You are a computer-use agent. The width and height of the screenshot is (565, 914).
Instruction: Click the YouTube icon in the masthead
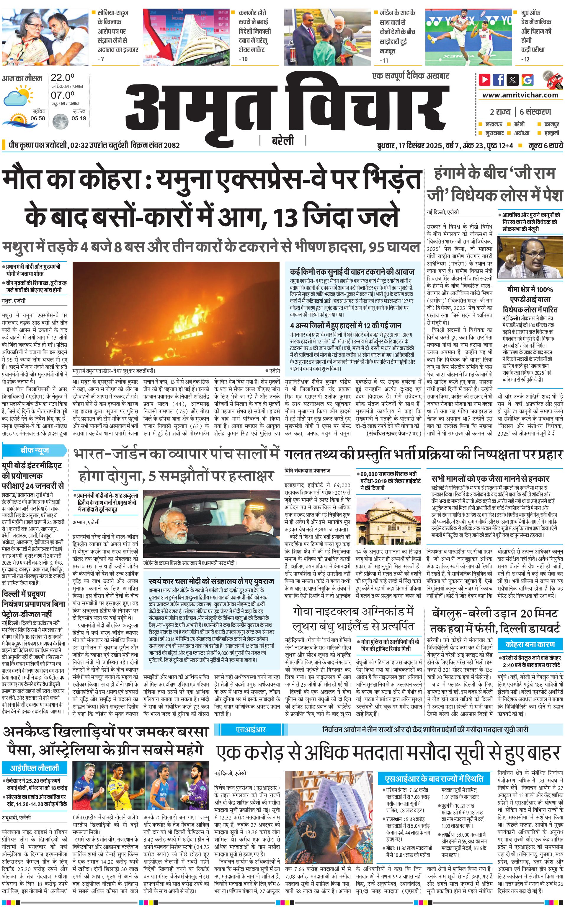pyautogui.click(x=484, y=80)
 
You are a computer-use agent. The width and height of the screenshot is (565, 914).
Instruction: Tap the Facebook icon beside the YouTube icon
pyautogui.click(x=498, y=80)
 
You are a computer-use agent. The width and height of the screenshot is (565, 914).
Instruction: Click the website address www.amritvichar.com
pyautogui.click(x=520, y=95)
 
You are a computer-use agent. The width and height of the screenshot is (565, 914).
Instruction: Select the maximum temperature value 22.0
pyautogui.click(x=62, y=78)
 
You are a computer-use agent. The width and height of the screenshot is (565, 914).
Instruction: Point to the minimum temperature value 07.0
pyautogui.click(x=62, y=95)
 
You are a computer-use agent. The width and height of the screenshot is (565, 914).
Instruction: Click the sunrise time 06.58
pyautogui.click(x=38, y=118)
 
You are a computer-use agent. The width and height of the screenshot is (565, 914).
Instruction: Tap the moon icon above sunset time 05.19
pyautogui.click(x=60, y=121)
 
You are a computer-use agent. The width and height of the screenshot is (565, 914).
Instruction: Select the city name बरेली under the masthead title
pyautogui.click(x=282, y=141)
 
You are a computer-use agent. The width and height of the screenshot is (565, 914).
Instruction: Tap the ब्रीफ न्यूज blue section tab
pyautogui.click(x=34, y=450)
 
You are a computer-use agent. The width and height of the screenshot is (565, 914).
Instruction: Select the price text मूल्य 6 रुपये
pyautogui.click(x=545, y=145)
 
